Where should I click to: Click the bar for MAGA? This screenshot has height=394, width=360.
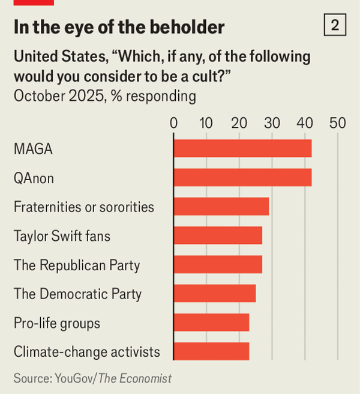point(242,148)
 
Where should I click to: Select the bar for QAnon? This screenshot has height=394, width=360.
point(242,177)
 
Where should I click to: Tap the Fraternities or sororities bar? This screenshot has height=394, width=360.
point(221,206)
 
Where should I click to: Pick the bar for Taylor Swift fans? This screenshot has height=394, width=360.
point(218,235)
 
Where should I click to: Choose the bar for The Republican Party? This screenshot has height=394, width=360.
point(218,264)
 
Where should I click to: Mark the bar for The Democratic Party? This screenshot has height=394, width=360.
point(214,293)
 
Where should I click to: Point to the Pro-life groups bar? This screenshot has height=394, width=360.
point(211,322)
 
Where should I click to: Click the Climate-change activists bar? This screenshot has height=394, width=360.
point(211,351)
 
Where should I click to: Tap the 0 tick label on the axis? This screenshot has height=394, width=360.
point(174,123)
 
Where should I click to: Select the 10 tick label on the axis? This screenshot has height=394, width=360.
point(206,123)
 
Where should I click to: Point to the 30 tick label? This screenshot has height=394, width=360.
point(272,123)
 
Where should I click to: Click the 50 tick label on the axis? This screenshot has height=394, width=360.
point(338,123)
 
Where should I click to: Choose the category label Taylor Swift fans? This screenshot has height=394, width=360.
point(62,236)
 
